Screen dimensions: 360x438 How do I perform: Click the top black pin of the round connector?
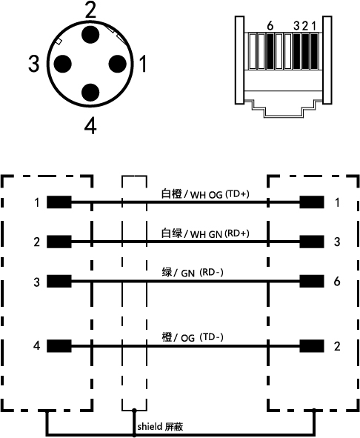point(90,35)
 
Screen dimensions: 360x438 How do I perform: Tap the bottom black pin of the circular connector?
point(90,93)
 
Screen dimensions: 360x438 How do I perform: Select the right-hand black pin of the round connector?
point(117,64)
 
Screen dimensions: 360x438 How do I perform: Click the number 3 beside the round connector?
point(34,64)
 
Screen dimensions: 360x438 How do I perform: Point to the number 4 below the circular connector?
point(90,126)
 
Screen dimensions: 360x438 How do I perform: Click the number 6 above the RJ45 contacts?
point(270,26)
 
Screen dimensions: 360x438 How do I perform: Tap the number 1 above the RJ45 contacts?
point(313,26)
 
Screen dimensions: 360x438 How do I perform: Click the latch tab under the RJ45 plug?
point(283,109)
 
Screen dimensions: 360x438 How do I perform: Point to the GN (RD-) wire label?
point(193,272)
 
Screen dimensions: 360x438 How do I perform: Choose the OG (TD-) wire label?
point(193,337)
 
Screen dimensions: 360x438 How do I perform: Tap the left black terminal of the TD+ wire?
point(59,202)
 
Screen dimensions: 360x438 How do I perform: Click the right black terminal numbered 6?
point(312,281)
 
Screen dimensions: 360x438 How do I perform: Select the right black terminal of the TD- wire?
point(312,346)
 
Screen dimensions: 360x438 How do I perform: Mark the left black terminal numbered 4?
point(59,346)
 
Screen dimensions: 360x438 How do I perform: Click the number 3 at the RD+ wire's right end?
point(337,242)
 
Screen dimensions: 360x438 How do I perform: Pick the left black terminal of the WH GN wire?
point(59,242)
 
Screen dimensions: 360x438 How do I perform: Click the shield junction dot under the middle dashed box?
point(134,411)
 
